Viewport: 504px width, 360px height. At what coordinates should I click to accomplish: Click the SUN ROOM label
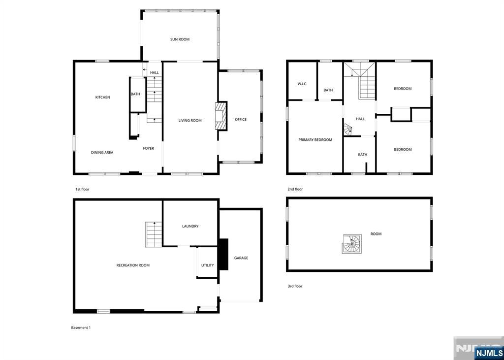[180, 39]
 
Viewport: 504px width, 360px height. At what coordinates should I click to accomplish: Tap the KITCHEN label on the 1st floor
[102, 97]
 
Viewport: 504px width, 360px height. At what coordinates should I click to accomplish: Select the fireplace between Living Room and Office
[221, 116]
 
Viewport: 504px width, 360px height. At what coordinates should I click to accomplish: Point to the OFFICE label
[241, 119]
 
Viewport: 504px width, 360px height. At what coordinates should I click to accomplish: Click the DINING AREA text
[102, 153]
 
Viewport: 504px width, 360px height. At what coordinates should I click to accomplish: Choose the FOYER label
[149, 148]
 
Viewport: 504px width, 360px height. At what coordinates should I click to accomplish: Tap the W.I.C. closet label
[302, 84]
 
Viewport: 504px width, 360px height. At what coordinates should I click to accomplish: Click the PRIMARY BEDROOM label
[315, 140]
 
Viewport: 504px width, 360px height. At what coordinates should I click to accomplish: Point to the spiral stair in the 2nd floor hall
[348, 130]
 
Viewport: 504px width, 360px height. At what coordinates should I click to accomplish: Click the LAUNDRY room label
[190, 226]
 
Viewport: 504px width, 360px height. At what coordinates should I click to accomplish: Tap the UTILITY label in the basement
[207, 265]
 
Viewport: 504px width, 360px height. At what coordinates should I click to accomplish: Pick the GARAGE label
[241, 258]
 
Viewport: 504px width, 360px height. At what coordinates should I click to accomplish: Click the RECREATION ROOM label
[133, 265]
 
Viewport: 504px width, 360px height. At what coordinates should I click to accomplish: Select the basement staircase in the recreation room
[154, 234]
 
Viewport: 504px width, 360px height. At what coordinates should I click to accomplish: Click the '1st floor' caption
[82, 189]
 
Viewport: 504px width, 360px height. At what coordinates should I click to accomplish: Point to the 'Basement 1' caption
[81, 327]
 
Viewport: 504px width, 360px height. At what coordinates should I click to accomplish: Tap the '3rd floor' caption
[295, 286]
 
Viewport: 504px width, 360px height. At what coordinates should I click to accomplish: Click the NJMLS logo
[488, 353]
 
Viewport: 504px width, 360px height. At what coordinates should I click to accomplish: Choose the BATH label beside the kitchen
[135, 94]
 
